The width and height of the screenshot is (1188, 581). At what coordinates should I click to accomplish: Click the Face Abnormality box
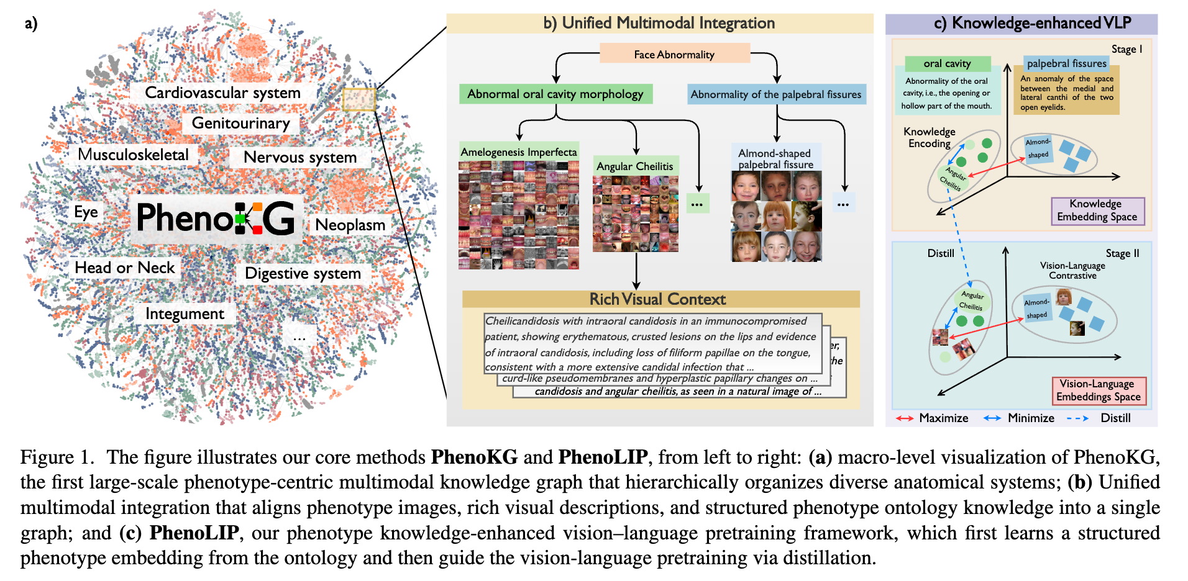[674, 54]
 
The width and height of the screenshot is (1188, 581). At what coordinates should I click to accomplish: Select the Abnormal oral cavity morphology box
[555, 94]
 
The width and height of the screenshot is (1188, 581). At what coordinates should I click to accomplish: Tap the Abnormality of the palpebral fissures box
[776, 94]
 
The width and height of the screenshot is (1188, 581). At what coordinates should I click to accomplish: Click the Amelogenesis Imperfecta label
[519, 151]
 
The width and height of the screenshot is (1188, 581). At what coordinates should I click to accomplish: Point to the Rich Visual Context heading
[657, 299]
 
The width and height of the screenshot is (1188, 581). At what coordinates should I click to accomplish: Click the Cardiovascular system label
[222, 92]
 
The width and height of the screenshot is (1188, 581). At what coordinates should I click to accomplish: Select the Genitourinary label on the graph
[240, 123]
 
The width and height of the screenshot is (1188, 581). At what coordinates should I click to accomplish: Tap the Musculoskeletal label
[133, 155]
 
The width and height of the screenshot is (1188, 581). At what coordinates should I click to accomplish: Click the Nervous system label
[300, 157]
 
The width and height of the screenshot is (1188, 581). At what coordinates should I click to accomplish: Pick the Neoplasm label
[350, 225]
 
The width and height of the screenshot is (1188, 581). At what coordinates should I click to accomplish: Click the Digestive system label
[303, 273]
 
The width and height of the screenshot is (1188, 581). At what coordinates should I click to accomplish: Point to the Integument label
[185, 313]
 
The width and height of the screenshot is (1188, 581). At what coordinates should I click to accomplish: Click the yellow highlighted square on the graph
[359, 99]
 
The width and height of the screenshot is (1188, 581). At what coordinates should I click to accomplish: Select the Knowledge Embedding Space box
[1097, 210]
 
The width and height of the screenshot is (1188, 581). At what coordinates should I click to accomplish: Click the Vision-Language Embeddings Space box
[1098, 390]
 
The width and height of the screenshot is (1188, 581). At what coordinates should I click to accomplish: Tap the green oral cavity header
[947, 63]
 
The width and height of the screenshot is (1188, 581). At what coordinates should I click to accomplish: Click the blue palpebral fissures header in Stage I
[1066, 63]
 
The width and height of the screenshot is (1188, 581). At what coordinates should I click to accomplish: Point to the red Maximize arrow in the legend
[905, 418]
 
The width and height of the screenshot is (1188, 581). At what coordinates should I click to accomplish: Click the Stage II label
[1122, 253]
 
